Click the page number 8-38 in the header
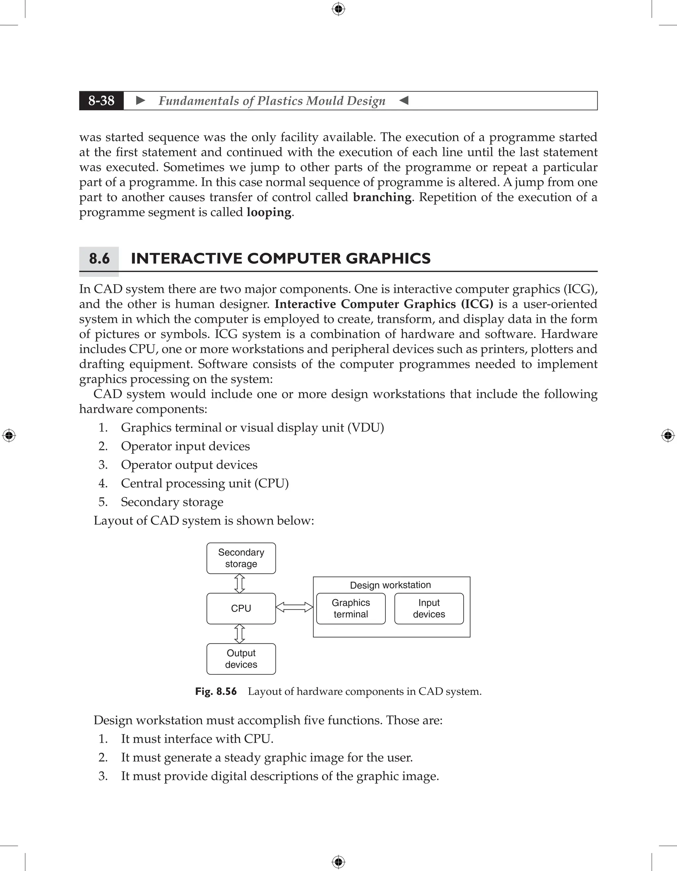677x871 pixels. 101,100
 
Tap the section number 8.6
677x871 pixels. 99,258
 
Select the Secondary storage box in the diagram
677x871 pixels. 241,558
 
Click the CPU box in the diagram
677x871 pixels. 241,608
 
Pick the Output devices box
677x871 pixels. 241,659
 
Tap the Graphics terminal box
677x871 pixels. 351,608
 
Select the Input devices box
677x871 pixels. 429,608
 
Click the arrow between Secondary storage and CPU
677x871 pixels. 239,584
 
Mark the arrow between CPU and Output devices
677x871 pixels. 239,633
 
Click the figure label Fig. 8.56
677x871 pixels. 216,691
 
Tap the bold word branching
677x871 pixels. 382,197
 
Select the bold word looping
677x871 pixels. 269,212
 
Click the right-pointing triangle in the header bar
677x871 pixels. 140,100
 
